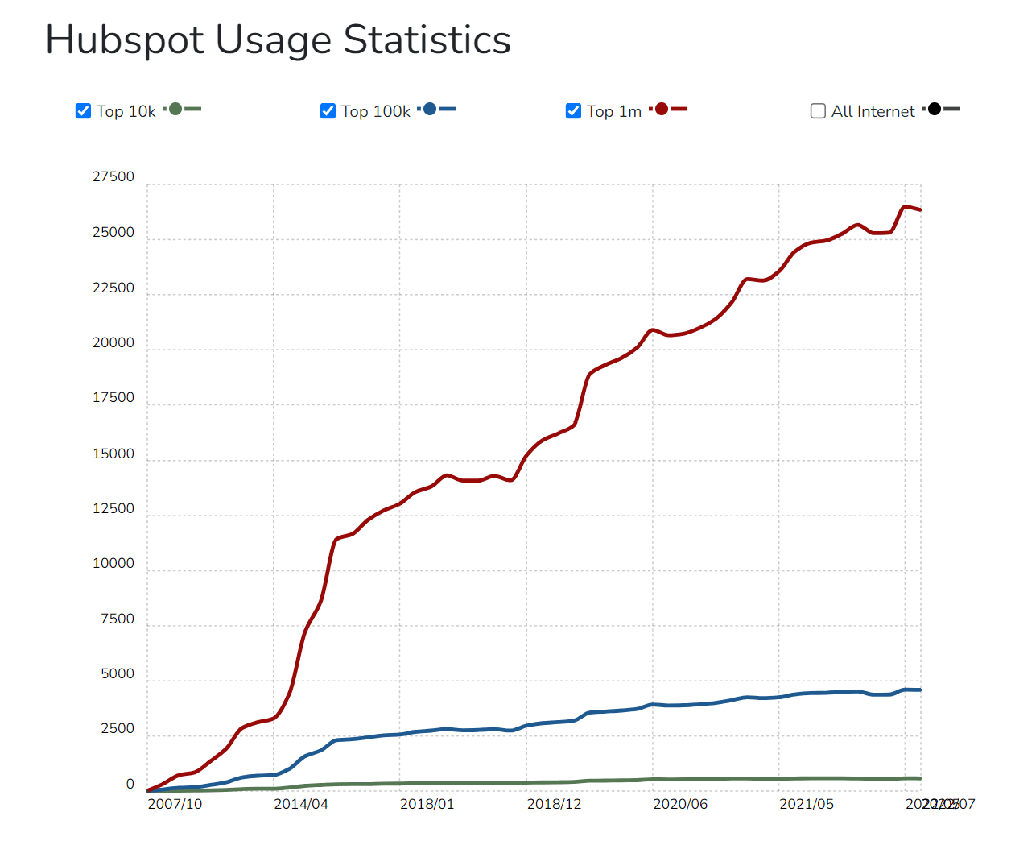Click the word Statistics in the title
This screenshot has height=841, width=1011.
point(427,40)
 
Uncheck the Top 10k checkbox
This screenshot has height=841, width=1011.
point(83,111)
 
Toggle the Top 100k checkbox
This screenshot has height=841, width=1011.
point(328,111)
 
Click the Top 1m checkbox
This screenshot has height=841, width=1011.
point(573,111)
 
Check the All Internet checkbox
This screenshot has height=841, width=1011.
point(818,111)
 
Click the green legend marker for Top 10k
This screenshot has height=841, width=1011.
point(175,109)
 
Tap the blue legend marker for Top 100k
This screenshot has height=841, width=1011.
point(430,109)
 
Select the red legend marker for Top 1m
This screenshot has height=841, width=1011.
point(662,109)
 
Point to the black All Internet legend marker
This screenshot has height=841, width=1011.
point(934,109)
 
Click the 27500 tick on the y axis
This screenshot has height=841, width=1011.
point(113,177)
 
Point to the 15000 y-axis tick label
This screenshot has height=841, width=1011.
point(113,454)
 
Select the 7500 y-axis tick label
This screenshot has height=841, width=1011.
point(118,619)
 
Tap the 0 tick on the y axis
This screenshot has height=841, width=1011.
point(130,785)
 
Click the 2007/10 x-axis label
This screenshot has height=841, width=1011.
point(175,804)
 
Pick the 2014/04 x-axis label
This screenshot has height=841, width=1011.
point(301,804)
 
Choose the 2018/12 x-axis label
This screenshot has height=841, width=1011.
point(554,804)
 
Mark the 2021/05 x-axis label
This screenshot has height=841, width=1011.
point(807,804)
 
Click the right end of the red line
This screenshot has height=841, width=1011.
point(919,209)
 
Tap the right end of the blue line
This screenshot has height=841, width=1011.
point(919,690)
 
